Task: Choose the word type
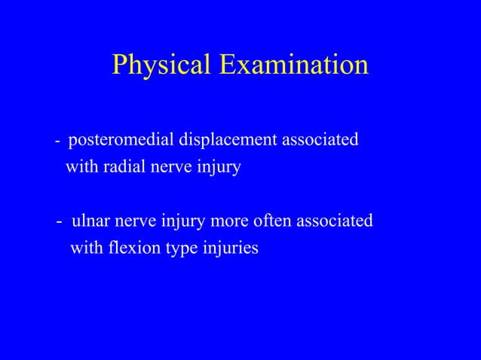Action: pos(177,249)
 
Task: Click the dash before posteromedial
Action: pos(58,142)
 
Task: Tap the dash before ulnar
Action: pos(60,222)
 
